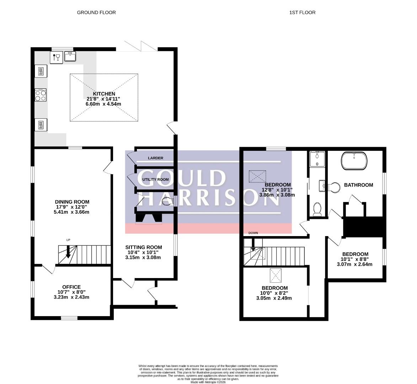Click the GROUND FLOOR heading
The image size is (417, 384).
(96, 12)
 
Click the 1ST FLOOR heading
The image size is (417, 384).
(303, 12)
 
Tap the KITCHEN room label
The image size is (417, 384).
(104, 94)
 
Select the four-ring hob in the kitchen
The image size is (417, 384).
(41, 95)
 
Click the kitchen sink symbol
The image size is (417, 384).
(70, 57)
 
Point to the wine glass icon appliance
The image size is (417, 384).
(57, 58)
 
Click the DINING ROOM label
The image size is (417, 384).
(72, 202)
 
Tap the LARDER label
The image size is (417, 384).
(156, 158)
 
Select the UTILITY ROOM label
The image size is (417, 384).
(155, 180)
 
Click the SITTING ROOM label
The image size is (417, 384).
(144, 247)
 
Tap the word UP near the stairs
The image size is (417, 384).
(68, 240)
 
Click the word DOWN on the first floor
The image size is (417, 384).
(253, 233)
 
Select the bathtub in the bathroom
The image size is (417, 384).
(354, 161)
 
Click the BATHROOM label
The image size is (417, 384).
(358, 185)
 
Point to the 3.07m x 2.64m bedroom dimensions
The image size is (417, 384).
(354, 264)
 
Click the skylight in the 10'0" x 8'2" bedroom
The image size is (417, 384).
(276, 276)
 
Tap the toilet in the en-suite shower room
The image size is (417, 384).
(317, 209)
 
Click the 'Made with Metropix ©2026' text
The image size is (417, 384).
(208, 383)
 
